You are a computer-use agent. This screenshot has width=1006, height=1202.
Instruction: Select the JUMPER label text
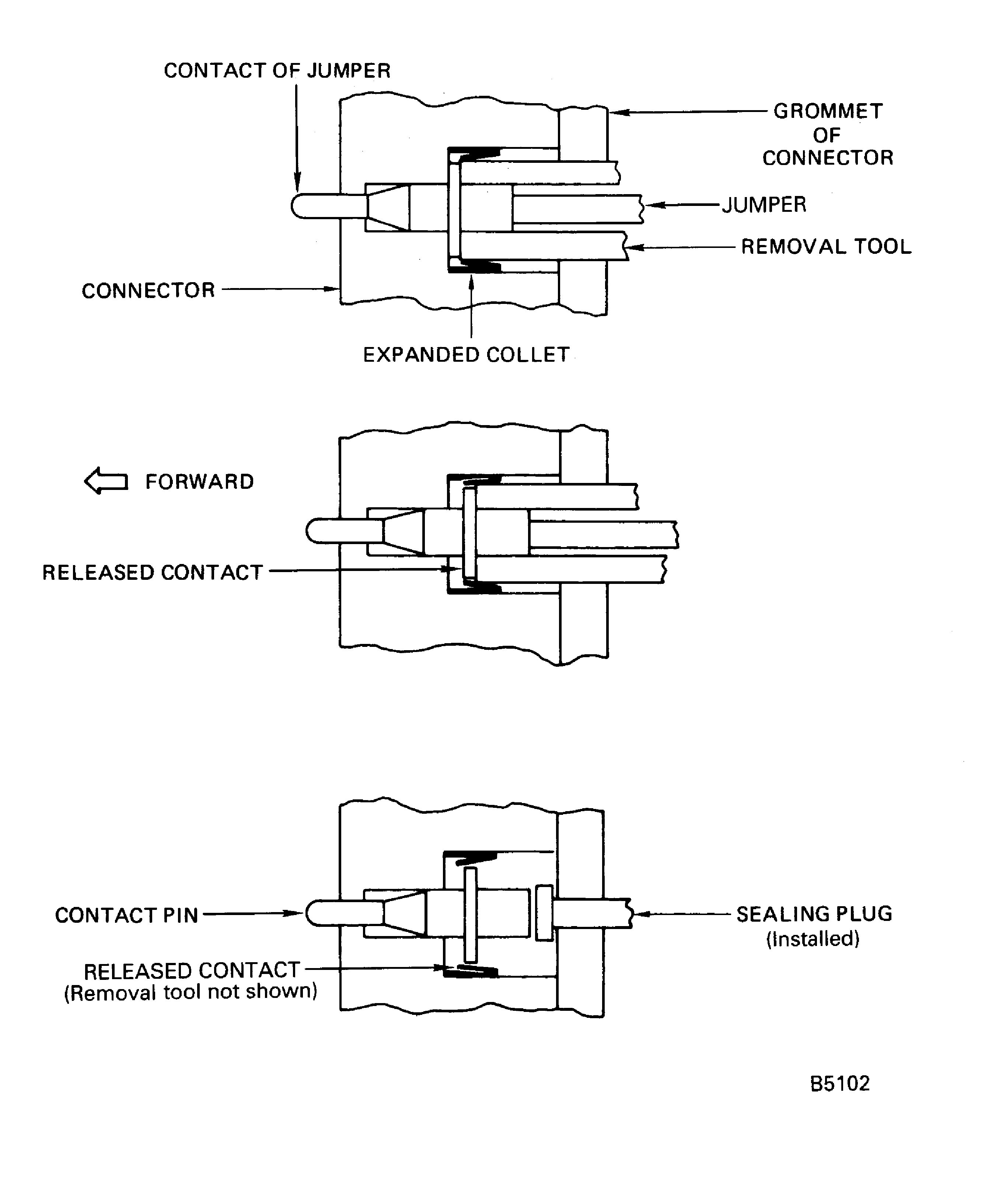point(764,205)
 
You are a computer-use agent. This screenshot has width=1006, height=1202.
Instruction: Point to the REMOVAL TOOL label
point(826,247)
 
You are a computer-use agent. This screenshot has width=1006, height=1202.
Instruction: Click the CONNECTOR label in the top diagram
point(148,291)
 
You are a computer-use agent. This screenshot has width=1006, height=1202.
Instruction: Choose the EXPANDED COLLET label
point(466,355)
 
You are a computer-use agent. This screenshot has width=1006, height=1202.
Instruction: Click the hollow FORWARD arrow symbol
point(106,481)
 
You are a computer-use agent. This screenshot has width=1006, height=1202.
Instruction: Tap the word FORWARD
point(199,482)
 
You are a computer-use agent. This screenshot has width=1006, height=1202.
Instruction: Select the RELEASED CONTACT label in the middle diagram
point(152,572)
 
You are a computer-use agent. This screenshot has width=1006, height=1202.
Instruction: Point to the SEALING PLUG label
point(814,914)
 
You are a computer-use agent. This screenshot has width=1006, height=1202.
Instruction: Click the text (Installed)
point(813,939)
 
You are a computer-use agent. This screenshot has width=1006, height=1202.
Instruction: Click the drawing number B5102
point(839,1083)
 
